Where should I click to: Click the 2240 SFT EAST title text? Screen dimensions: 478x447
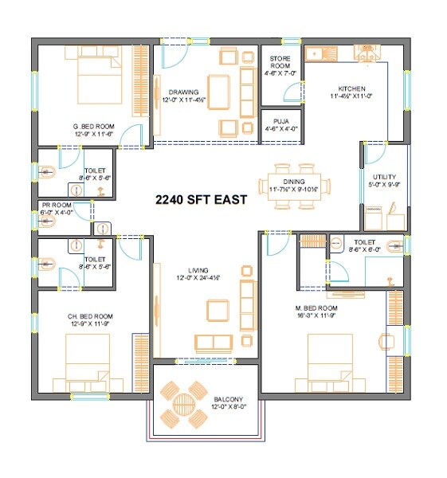(x=201, y=200)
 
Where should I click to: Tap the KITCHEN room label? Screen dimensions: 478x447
(x=351, y=88)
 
